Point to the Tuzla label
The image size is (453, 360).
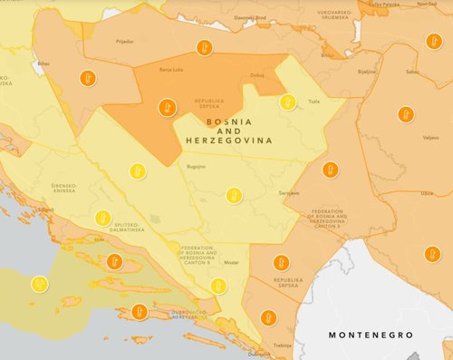point(315,102)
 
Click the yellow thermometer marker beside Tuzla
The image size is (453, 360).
point(288,102)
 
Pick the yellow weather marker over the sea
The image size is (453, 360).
point(39,284)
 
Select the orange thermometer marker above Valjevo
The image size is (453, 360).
point(405,114)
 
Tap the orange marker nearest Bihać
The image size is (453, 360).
point(87,77)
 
